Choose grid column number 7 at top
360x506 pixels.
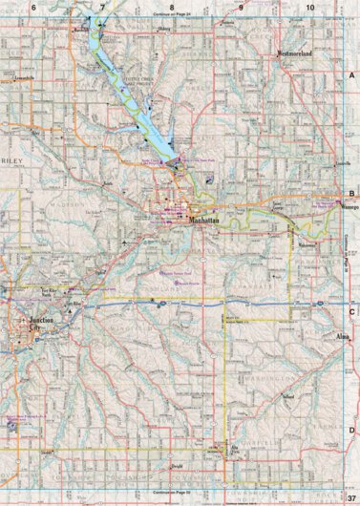(103, 8)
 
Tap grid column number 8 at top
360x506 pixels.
(172, 8)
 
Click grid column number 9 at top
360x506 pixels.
(241, 8)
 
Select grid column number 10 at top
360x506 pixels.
(309, 8)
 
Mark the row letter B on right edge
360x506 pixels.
(351, 191)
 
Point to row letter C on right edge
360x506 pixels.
(351, 311)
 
